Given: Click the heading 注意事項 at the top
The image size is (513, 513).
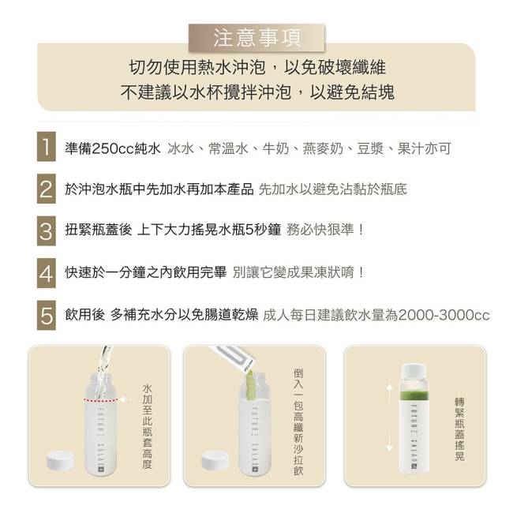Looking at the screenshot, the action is [x=257, y=38].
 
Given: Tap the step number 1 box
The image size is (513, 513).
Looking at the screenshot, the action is [x=46, y=147].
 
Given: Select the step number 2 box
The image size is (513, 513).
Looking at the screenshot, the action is [x=46, y=189].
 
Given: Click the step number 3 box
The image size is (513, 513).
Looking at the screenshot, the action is [x=46, y=231].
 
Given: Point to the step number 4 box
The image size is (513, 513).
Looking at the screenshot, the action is [x=46, y=273].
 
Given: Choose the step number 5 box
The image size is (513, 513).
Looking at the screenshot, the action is [x=46, y=316].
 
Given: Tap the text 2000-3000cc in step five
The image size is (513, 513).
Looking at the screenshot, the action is [x=444, y=316].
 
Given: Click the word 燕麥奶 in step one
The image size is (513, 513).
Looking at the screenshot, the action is [x=323, y=149].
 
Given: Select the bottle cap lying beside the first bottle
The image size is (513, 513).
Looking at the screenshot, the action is [x=60, y=460].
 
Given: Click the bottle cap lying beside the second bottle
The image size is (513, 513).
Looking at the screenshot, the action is [x=215, y=459].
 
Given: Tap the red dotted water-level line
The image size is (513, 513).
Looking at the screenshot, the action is [x=101, y=400].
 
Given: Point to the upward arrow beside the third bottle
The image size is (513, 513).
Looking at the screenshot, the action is [x=389, y=394].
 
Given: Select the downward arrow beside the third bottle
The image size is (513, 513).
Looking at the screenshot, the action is [x=389, y=442].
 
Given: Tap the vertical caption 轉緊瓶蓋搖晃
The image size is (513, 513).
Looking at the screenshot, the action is [x=459, y=429].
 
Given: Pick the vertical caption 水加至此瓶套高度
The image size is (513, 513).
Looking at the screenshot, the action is [x=147, y=426].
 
